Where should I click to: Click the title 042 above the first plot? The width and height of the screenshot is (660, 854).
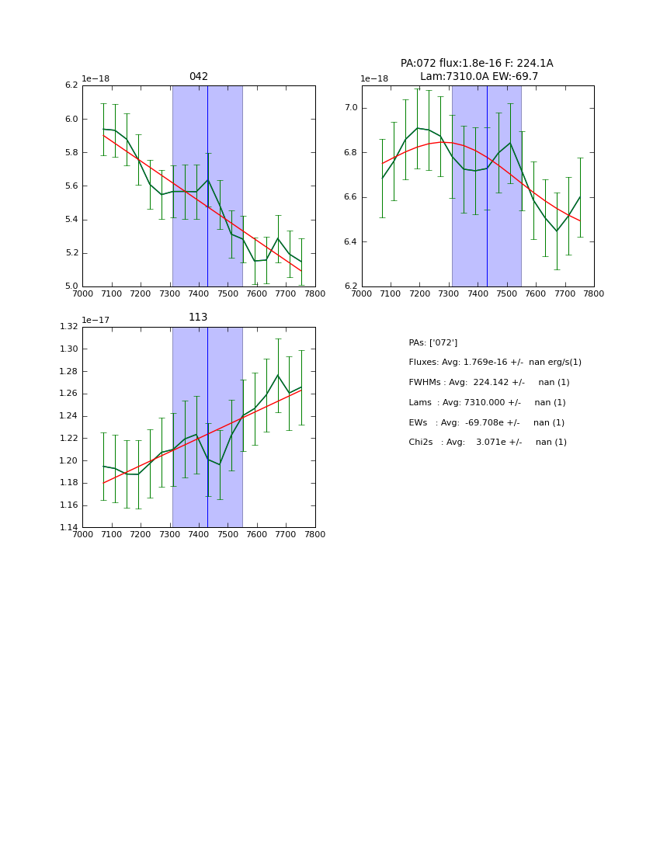coord(199,77)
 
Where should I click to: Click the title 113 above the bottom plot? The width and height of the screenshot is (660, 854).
coord(198,318)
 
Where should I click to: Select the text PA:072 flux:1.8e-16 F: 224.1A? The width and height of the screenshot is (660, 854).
coord(477,64)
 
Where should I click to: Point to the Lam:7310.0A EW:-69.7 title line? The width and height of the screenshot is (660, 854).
coord(478,77)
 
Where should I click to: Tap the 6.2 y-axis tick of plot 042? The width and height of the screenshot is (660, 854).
coord(71,85)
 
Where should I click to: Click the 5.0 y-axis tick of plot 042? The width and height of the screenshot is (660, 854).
coord(71,286)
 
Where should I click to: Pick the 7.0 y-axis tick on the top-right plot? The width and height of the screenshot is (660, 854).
coord(350,108)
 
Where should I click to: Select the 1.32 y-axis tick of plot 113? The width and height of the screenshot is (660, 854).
coord(69,327)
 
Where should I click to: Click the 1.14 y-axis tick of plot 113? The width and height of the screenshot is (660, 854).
coord(69,528)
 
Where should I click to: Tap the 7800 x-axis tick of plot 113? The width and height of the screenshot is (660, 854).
coord(315,535)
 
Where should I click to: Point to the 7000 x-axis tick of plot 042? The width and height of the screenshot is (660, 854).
coord(82,293)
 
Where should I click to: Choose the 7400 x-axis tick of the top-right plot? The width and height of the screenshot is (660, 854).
coord(478,293)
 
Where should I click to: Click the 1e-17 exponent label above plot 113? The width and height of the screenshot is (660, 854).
coord(96,320)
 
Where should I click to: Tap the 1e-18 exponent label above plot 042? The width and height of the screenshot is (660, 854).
coord(96,78)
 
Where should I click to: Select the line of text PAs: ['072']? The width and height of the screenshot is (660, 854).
coord(432,343)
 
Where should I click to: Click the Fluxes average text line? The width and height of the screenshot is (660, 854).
coord(495,363)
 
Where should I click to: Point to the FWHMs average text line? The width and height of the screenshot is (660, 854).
coord(488,383)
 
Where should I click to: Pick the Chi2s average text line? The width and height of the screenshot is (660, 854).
coord(487,443)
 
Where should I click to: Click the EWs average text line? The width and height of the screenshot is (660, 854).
coord(486,423)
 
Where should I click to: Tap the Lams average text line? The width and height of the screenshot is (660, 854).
coord(487,403)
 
